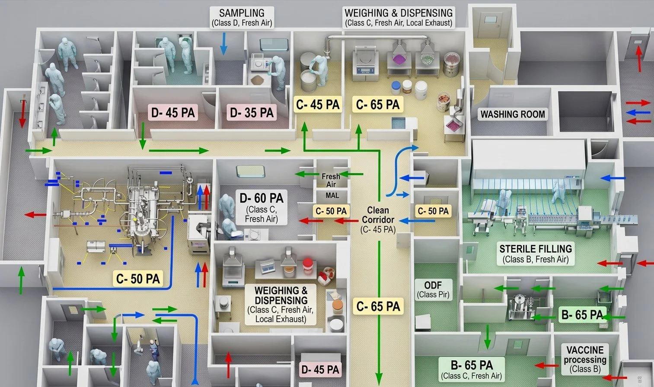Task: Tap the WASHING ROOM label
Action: pos(513,114)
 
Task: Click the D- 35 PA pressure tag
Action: pos(252,113)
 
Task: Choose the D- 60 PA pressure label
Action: pos(262,198)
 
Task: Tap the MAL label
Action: pos(332,195)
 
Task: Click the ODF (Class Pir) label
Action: pos(433,289)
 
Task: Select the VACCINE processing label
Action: pos(585,359)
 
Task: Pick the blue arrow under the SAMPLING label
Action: pos(223,44)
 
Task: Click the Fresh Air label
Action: pos(331,180)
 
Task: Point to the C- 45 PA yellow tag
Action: pos(318,105)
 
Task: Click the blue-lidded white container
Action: pos(396,88)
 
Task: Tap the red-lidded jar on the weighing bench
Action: pos(308,266)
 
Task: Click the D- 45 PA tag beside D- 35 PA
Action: pos(173,113)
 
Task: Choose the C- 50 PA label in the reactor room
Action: pos(138,279)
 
